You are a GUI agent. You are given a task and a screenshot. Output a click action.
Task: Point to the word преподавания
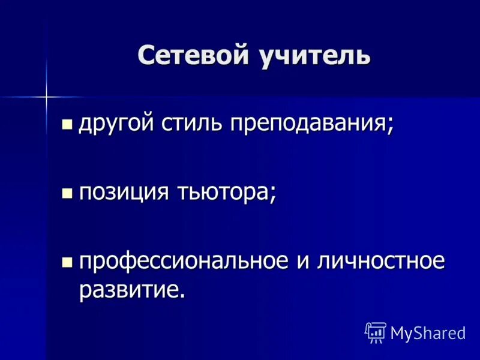pyautogui.click(x=307, y=125)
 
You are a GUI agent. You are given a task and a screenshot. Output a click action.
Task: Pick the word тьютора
pyautogui.click(x=224, y=193)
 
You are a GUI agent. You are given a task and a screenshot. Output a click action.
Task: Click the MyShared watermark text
pyautogui.click(x=428, y=333)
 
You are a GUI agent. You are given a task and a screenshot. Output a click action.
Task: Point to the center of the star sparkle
pyautogui.click(x=45, y=95)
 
